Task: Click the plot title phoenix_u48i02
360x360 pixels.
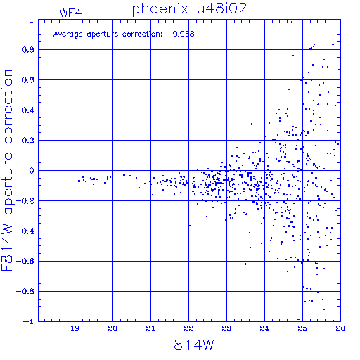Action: (189, 9)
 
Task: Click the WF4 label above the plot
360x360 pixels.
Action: (70, 13)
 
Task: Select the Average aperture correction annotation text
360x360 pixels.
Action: (124, 34)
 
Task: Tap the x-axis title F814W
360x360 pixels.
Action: (190, 345)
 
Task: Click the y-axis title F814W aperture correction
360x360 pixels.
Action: (7, 170)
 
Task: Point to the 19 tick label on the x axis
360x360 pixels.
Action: (75, 328)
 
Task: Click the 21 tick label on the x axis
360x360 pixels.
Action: (150, 328)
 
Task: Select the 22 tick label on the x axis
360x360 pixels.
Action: (188, 328)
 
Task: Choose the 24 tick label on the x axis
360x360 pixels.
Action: (264, 328)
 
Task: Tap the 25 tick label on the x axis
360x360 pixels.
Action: (302, 328)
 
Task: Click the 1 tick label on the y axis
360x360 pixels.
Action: (32, 20)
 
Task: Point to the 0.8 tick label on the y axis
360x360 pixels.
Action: (28, 50)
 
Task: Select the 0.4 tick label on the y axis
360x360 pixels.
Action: (28, 110)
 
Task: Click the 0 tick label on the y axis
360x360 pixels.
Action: (32, 171)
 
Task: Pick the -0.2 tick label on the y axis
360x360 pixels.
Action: (25, 201)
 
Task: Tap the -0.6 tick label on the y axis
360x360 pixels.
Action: (25, 261)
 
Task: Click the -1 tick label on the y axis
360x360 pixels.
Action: (29, 321)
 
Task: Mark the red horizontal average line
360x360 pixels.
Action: (189, 181)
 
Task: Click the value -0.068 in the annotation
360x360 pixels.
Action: (181, 34)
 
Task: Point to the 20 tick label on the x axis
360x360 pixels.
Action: (112, 328)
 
